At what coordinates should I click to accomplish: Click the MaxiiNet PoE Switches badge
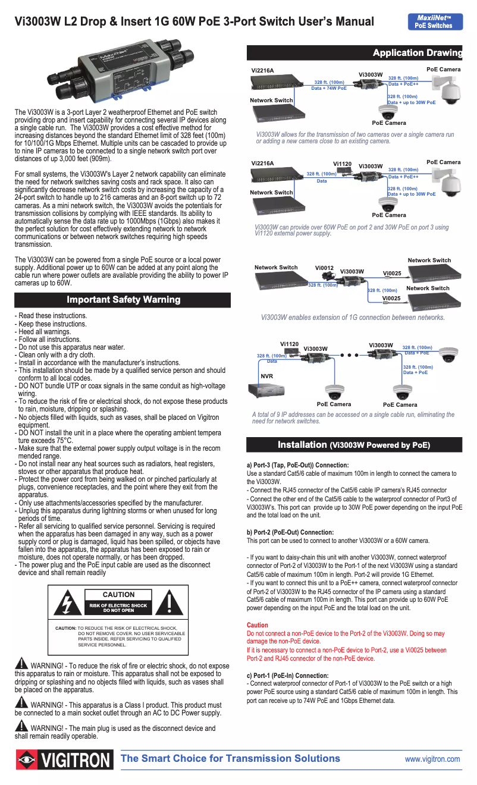(434, 22)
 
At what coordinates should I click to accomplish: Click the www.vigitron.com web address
(432, 759)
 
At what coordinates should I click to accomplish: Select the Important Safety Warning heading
(123, 300)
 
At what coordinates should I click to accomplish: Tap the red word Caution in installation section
(257, 625)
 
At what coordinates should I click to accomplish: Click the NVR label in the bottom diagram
(266, 376)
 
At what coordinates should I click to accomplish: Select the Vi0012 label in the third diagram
(324, 268)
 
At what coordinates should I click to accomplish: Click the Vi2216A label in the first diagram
(262, 71)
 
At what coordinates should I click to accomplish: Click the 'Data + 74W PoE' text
(329, 88)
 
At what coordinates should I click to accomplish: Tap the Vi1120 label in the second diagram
(342, 164)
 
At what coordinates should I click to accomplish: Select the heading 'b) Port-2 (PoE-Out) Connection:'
(290, 532)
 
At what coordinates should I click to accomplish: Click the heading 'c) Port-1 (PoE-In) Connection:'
(287, 676)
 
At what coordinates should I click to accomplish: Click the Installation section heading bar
(354, 445)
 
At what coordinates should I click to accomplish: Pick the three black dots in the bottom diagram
(349, 355)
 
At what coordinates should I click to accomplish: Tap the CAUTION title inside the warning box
(118, 595)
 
